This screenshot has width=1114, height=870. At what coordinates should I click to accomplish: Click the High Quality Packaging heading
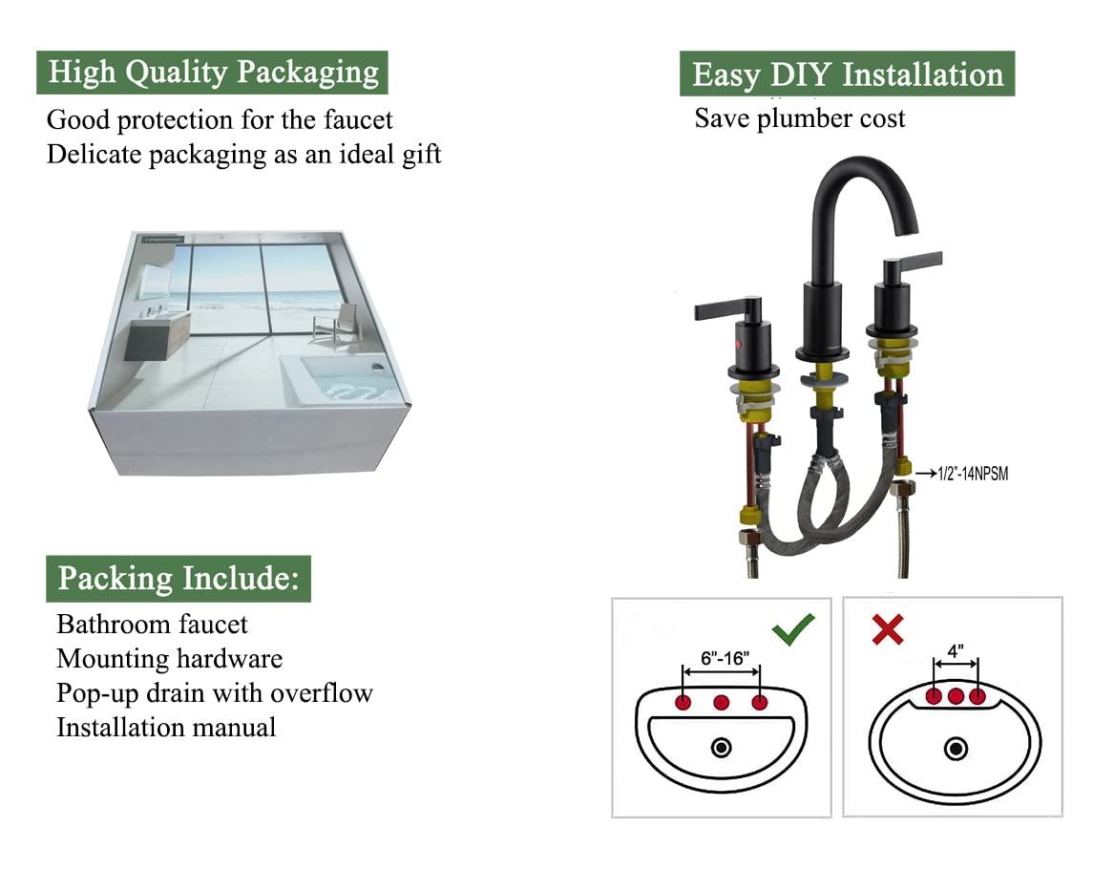coord(212,73)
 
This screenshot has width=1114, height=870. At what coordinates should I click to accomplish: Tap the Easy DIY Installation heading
coord(847,74)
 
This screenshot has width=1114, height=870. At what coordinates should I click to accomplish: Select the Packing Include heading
coord(179,579)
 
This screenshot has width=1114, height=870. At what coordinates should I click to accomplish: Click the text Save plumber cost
coord(799,119)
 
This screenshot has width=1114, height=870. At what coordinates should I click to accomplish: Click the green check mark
coord(793,628)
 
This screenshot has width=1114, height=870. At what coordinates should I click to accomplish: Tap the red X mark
coord(888,629)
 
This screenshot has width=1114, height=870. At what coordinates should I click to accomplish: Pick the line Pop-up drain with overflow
coord(214,693)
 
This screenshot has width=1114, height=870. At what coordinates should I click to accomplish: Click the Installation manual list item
coord(166,728)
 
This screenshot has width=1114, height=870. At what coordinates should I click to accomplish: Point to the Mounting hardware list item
coord(169,659)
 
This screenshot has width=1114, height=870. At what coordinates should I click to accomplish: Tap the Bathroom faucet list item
coord(152,625)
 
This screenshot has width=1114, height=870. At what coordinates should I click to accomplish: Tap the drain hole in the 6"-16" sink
coord(722,747)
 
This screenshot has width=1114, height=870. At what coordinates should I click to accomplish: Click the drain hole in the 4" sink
coord(956,748)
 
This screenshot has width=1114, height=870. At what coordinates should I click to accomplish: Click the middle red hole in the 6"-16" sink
coord(722,703)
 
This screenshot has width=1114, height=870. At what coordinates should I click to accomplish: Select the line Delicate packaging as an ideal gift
coord(243,155)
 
